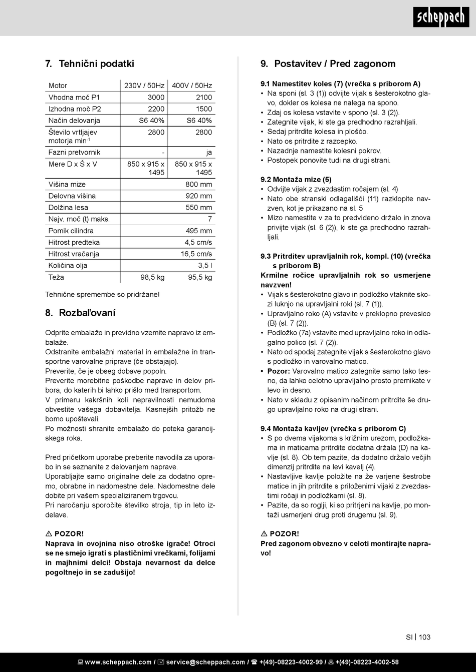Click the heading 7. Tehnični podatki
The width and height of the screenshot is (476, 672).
(x=90, y=64)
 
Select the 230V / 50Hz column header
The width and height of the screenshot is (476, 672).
(x=144, y=86)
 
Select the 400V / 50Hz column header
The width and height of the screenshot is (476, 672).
(x=192, y=86)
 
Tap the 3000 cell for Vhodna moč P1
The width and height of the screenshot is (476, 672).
(x=156, y=97)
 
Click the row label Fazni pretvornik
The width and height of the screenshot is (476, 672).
(x=74, y=152)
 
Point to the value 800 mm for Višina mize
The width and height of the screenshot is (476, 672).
(x=199, y=184)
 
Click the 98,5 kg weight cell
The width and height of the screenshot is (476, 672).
(x=152, y=277)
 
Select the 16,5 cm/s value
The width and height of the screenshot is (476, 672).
(x=196, y=254)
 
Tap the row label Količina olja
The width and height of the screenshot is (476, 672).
(x=68, y=265)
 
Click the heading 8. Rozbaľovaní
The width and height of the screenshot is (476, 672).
(x=80, y=313)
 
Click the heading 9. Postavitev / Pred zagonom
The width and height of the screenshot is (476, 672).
(x=328, y=64)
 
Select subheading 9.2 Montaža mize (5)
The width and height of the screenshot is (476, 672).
(x=296, y=179)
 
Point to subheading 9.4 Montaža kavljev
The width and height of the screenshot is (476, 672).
(x=333, y=428)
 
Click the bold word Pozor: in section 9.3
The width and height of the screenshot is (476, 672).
(x=279, y=371)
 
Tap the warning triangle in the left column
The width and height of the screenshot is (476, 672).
(x=49, y=534)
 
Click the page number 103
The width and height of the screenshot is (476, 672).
(x=424, y=637)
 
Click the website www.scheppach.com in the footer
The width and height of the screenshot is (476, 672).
(x=118, y=662)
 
